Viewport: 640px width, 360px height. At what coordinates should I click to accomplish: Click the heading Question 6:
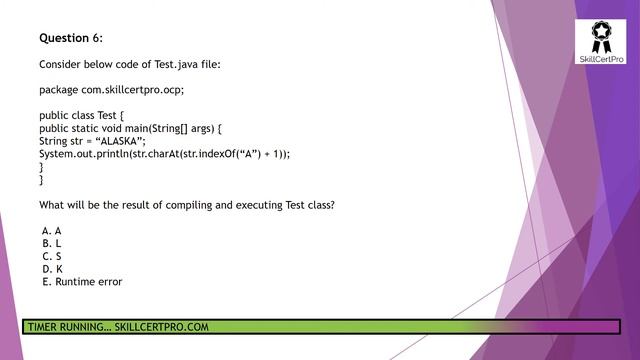71,38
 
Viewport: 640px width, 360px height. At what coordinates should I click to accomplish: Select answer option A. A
52,230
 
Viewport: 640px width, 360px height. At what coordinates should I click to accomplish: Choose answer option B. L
52,243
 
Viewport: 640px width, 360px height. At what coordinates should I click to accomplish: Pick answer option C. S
52,256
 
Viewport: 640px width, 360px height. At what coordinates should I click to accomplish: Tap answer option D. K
52,269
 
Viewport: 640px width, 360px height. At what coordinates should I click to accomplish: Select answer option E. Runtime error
82,282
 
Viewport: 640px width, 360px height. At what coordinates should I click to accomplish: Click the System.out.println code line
164,154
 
